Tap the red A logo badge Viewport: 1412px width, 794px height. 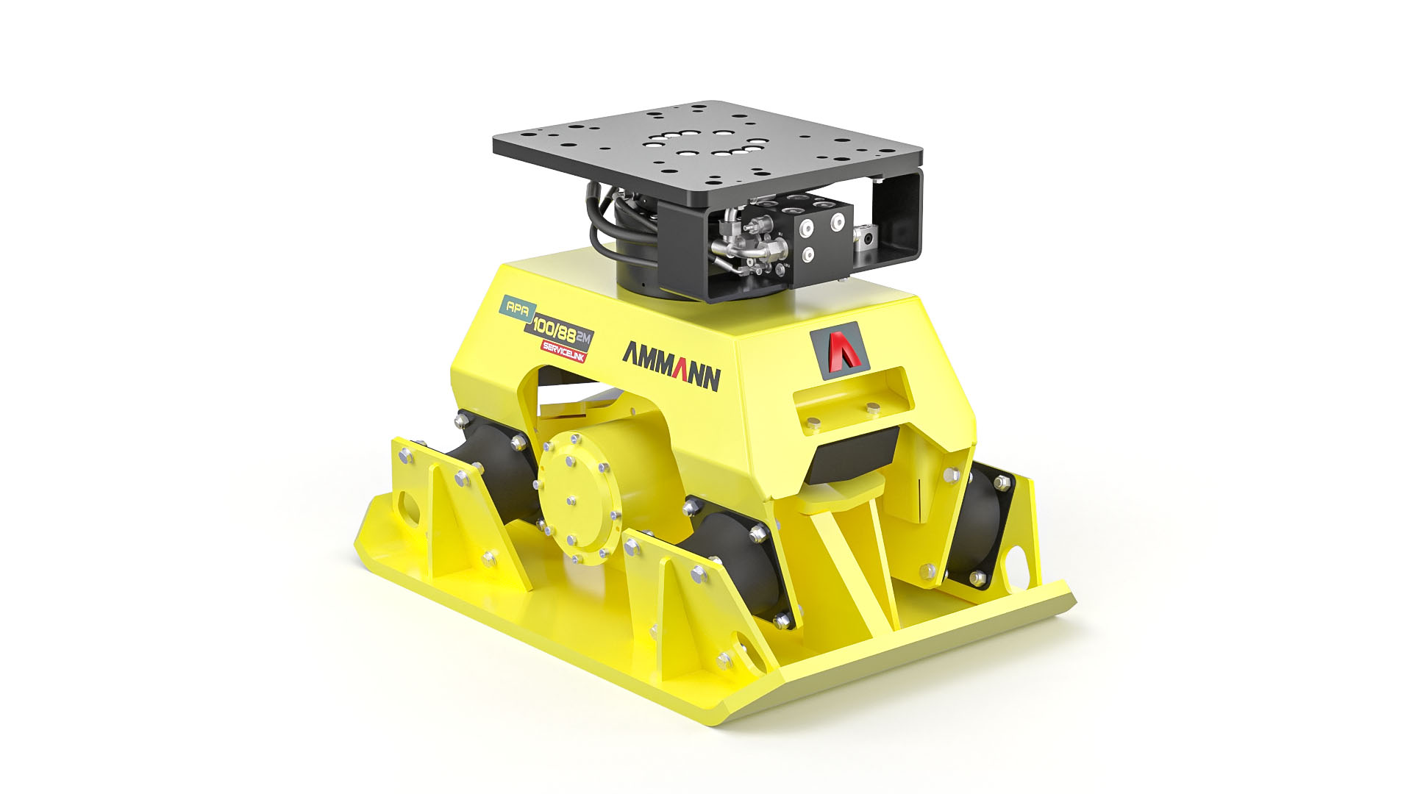pyautogui.click(x=840, y=346)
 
